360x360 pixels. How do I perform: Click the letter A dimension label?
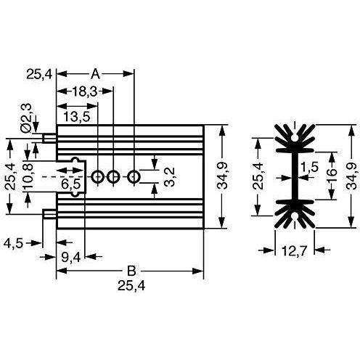click(95, 74)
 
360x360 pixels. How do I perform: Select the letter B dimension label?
click(131, 271)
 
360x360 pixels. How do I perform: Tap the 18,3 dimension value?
click(85, 91)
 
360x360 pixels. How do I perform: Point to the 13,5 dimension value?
click(77, 117)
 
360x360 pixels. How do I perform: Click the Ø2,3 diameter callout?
click(26, 118)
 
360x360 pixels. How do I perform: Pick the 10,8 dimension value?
click(28, 176)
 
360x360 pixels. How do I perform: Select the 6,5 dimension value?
click(70, 184)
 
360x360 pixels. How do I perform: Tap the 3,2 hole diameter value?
click(168, 177)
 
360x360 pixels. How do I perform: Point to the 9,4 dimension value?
click(70, 258)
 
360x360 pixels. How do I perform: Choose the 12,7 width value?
click(295, 251)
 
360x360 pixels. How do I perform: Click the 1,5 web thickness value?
click(309, 167)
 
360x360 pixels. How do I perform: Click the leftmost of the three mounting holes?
click(97, 177)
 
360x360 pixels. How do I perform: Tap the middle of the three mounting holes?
click(113, 177)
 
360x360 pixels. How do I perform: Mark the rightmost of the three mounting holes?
click(134, 177)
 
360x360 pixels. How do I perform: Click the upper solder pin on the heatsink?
click(50, 139)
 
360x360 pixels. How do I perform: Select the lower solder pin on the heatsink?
click(50, 214)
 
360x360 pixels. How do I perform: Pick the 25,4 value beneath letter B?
click(131, 286)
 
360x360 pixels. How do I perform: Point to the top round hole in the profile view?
click(295, 138)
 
